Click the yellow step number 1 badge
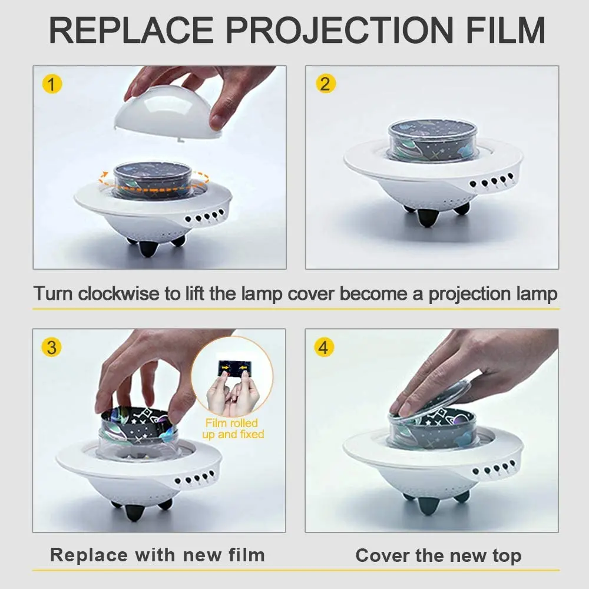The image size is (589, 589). click(x=51, y=84)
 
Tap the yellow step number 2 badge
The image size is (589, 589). click(x=325, y=84)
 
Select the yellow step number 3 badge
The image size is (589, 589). click(x=51, y=348)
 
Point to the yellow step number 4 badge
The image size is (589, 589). click(x=323, y=348)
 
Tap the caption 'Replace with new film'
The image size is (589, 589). click(x=157, y=555)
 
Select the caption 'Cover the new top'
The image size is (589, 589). click(x=438, y=555)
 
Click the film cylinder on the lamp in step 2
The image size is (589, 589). click(x=432, y=141)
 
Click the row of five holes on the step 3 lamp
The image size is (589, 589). click(x=197, y=478)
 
